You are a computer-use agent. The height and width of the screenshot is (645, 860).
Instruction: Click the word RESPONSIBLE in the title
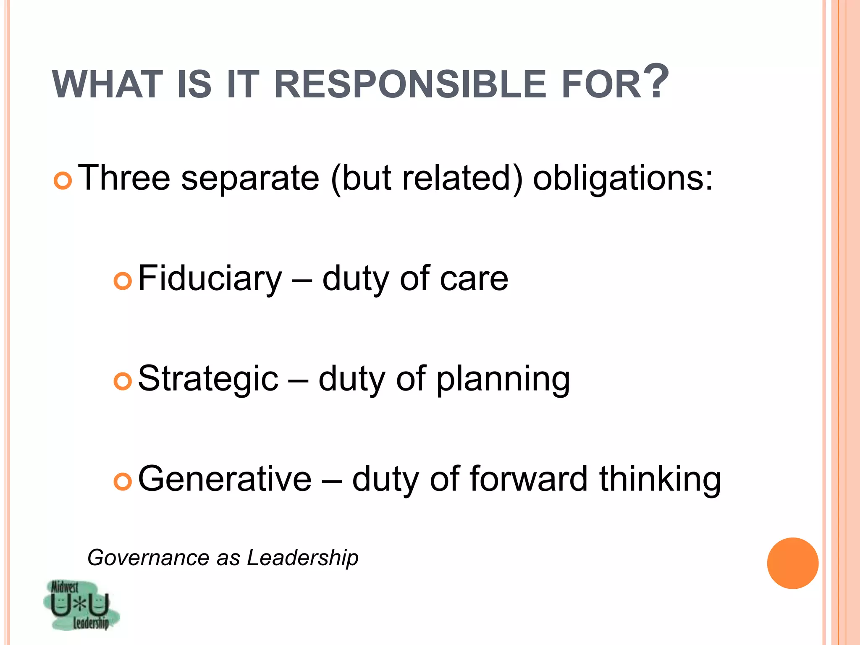(409, 85)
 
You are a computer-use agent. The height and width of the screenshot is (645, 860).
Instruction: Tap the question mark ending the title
(655, 81)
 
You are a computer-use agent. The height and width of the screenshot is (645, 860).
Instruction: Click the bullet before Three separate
(63, 181)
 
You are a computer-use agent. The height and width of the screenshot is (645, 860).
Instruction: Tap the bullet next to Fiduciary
(123, 281)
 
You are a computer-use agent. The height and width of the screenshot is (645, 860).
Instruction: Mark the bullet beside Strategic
(123, 381)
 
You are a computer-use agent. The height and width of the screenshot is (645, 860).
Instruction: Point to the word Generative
(225, 479)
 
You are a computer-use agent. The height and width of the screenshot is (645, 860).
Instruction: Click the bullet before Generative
(123, 482)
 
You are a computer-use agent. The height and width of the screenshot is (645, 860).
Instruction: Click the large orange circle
(792, 563)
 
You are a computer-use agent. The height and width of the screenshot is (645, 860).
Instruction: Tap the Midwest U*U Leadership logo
(81, 605)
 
